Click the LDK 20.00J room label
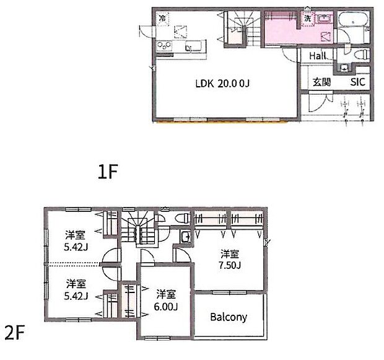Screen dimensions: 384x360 click(x=222, y=84)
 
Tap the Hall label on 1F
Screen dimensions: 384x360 click(x=317, y=56)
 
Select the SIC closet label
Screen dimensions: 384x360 click(x=357, y=82)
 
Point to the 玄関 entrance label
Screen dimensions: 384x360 click(x=322, y=82)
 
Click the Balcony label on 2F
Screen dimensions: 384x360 click(x=229, y=317)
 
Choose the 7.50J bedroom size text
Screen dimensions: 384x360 click(x=229, y=265)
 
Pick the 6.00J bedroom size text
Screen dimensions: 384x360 click(x=166, y=306)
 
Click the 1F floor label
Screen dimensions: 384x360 click(x=108, y=172)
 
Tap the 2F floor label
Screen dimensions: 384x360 click(x=15, y=333)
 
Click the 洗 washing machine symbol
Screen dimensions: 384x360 click(x=307, y=18)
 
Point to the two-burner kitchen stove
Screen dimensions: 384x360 click(x=165, y=45)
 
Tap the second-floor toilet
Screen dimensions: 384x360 click(x=183, y=217)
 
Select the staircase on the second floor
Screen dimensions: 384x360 click(x=138, y=227)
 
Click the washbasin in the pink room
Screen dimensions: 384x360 click(x=325, y=18)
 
